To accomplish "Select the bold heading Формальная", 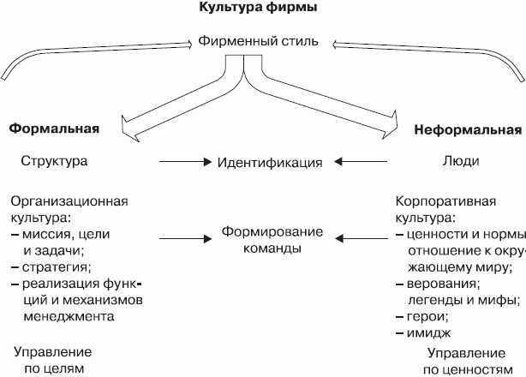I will (54, 129).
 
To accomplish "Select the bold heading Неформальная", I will (467, 130).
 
